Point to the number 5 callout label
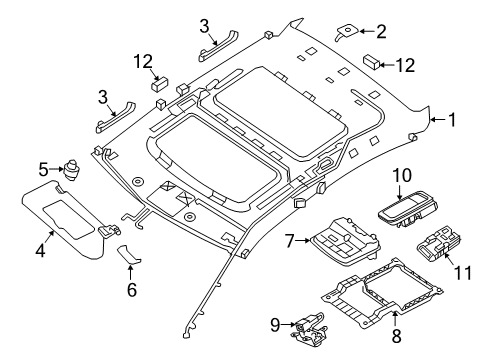[x=43, y=169]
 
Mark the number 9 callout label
[x=274, y=325]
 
